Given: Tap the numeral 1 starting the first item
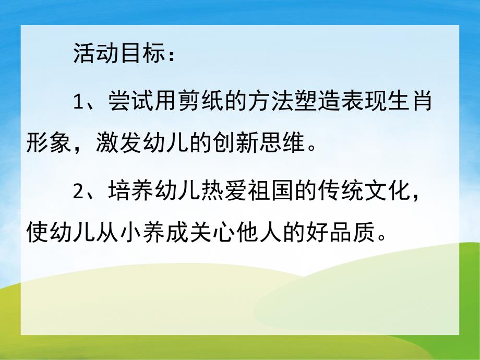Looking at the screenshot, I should [x=78, y=101].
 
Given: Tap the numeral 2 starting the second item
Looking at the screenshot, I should [x=78, y=191].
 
